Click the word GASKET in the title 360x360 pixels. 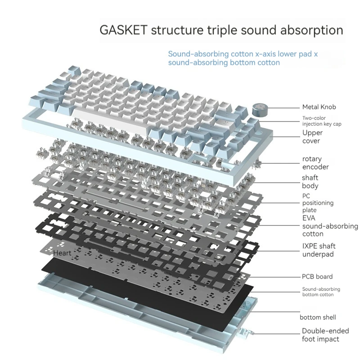tap(123, 31)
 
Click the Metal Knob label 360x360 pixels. tap(319, 107)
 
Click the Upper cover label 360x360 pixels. tap(312, 137)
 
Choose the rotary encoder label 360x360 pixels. tap(315, 163)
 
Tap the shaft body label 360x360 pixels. tap(310, 182)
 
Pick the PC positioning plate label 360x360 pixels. tap(318, 203)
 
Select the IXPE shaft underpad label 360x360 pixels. tap(319, 250)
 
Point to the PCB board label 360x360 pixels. tap(317, 276)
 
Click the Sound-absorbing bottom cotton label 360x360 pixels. tap(321, 292)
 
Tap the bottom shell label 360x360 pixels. tap(318, 317)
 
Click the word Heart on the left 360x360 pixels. tap(62, 253)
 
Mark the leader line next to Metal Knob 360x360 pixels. tap(283, 108)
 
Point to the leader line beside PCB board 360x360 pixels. tap(274, 276)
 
